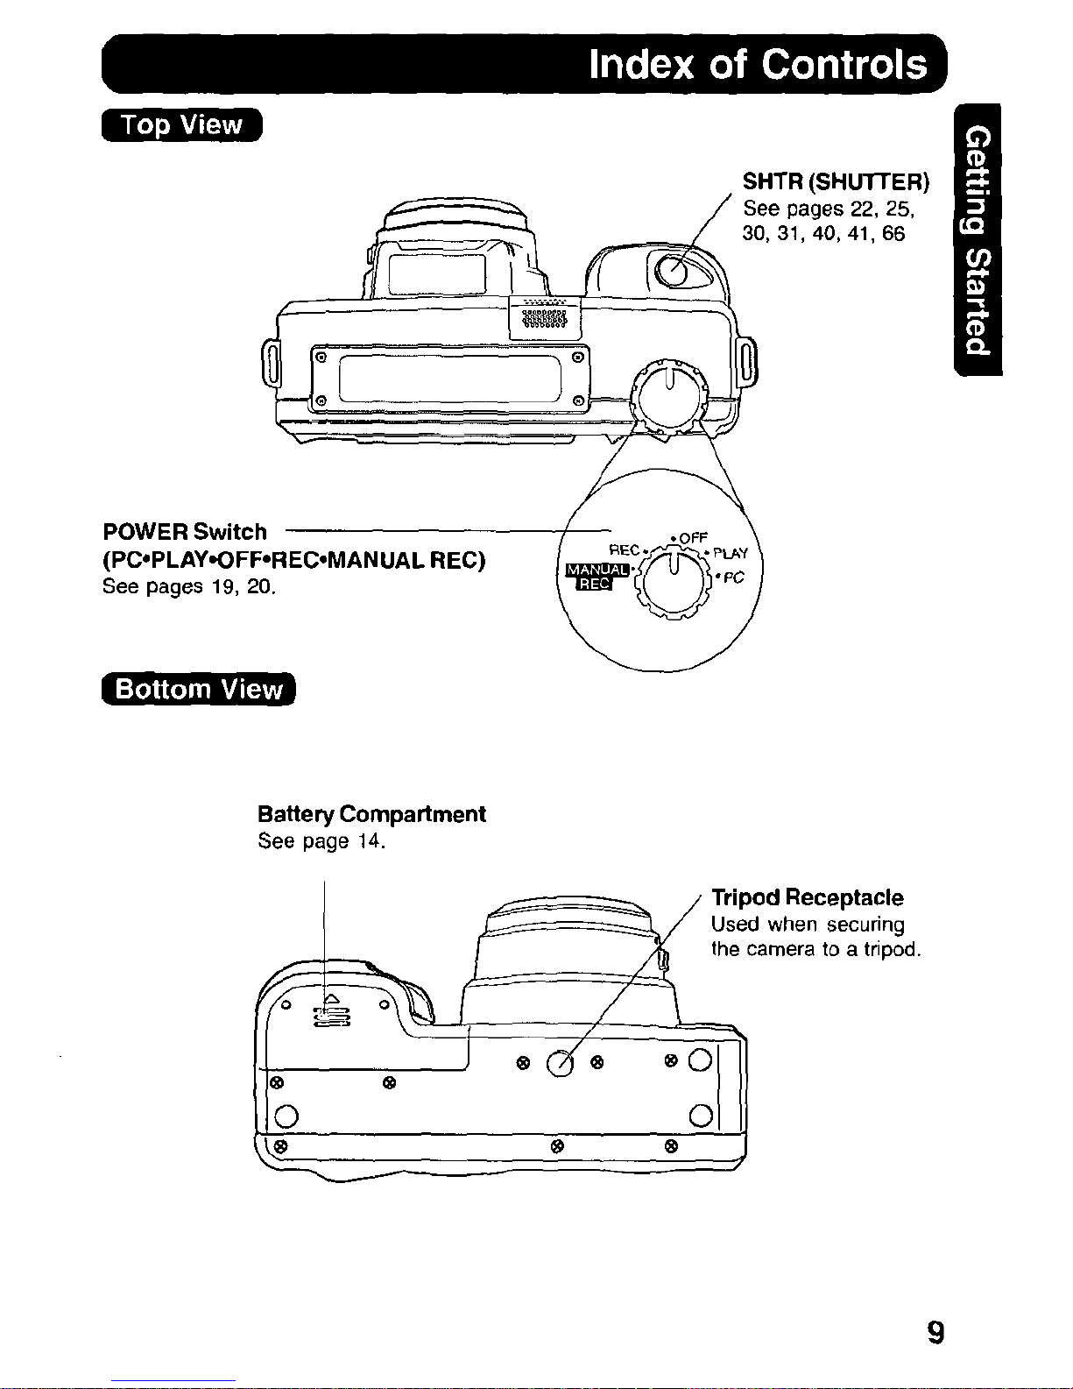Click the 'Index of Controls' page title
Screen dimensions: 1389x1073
(x=757, y=64)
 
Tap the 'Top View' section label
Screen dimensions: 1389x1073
(x=181, y=125)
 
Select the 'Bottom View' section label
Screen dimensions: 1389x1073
(x=200, y=690)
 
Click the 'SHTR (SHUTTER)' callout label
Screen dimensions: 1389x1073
(x=835, y=182)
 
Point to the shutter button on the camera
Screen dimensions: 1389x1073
(x=674, y=270)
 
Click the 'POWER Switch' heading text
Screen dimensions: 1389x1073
(x=185, y=532)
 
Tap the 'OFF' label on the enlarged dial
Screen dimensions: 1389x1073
(x=692, y=537)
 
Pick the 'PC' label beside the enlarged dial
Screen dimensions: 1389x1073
(x=732, y=578)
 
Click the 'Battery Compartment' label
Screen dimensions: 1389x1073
(x=371, y=814)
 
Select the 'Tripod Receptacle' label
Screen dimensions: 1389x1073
(x=807, y=897)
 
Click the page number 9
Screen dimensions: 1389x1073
(x=935, y=1333)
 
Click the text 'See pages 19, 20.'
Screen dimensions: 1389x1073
(x=189, y=586)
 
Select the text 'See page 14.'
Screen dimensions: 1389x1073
(x=321, y=842)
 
